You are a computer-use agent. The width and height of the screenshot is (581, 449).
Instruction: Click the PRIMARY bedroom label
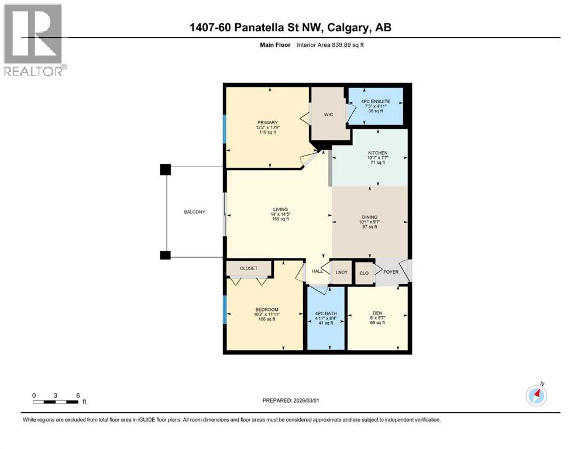[x=263, y=122]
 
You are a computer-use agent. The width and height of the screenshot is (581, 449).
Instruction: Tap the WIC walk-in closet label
[x=328, y=115]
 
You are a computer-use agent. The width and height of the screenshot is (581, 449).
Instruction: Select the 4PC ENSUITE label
[x=375, y=101]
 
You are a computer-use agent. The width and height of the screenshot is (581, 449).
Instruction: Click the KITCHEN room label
[x=377, y=153]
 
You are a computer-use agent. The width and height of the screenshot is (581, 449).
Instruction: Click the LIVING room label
[x=280, y=209]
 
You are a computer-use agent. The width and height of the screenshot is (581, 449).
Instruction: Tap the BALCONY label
[x=194, y=212]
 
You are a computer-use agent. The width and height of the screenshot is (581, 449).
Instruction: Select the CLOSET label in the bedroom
[x=249, y=268]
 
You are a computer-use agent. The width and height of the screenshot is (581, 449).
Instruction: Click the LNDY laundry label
[x=341, y=272]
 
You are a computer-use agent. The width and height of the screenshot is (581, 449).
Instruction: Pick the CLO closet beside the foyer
[x=363, y=272]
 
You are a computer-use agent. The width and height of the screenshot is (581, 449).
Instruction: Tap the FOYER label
[x=390, y=271]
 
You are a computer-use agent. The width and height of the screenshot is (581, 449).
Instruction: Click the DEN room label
[x=377, y=312]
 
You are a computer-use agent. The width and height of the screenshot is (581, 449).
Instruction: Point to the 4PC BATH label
[x=326, y=314]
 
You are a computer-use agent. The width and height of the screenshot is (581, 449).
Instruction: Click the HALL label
[x=318, y=271]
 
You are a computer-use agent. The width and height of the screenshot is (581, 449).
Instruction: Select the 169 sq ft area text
[x=280, y=220]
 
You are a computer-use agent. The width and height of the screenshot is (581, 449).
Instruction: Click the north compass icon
[x=536, y=395]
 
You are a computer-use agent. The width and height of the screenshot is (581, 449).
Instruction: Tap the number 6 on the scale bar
[x=77, y=395]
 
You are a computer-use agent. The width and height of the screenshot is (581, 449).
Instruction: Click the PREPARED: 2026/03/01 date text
[x=291, y=400]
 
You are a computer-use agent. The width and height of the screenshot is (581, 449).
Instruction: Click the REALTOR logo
[x=33, y=40]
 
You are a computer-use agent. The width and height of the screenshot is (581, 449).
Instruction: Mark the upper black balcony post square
[x=166, y=170]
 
